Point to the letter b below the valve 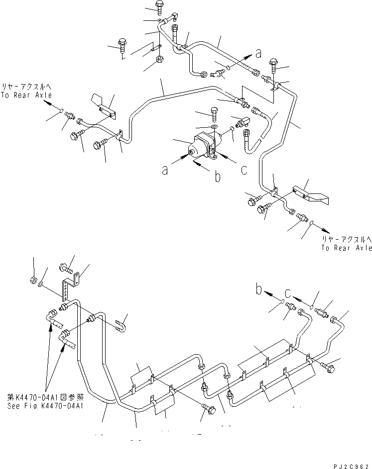217,176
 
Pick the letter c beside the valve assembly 244,170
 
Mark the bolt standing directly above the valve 215,114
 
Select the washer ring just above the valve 214,128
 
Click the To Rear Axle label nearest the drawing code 346,247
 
